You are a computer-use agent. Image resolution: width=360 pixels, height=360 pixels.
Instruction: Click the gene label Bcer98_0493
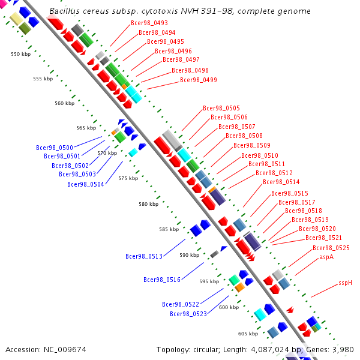[x=149, y=23]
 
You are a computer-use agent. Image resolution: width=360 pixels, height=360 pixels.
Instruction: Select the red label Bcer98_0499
[x=199, y=80]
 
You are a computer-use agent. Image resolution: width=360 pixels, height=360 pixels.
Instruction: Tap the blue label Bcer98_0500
[x=55, y=148]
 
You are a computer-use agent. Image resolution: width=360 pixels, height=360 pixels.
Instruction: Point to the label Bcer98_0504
[x=86, y=184]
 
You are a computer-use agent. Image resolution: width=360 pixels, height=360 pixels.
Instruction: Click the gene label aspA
[x=326, y=257]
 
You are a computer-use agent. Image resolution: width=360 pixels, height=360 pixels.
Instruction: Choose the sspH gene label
[x=345, y=283]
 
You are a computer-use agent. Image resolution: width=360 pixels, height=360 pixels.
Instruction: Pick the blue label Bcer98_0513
[x=144, y=256]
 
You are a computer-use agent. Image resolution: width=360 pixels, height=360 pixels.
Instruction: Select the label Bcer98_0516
[x=162, y=280]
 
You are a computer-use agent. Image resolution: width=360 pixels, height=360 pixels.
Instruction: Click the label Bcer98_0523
[x=188, y=314]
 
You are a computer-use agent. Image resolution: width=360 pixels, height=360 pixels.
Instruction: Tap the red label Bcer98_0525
[x=331, y=248]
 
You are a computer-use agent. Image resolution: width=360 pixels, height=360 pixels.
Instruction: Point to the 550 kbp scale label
[x=20, y=54]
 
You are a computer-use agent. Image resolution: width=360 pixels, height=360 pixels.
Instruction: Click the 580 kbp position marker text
[x=149, y=204]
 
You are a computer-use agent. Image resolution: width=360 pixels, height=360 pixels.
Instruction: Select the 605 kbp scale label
[x=248, y=334]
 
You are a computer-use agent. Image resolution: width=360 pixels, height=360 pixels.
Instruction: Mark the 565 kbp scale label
[x=86, y=128]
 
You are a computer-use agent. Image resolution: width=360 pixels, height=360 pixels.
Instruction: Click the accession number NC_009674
[x=65, y=350]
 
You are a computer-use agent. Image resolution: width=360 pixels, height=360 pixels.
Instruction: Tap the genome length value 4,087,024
[x=270, y=350]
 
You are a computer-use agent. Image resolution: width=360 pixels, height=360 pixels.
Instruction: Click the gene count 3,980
[x=343, y=350]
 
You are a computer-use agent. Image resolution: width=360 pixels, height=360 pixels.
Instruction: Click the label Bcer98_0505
[x=221, y=108]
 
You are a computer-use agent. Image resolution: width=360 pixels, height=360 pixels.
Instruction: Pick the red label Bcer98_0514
[x=281, y=182]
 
